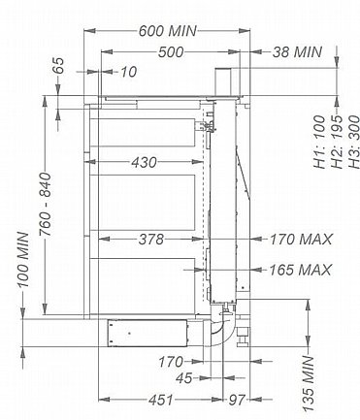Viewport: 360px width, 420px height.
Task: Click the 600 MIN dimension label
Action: tap(167, 31)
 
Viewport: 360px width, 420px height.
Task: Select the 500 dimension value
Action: tap(171, 52)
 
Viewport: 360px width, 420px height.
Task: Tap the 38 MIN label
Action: tap(297, 52)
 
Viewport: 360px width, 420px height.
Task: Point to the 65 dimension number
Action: tap(59, 66)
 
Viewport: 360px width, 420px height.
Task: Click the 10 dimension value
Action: tap(128, 72)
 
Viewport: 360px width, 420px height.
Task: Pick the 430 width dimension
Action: tap(144, 162)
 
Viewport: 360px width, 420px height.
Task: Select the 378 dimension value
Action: tap(151, 240)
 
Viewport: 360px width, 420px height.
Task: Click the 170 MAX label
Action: tap(301, 240)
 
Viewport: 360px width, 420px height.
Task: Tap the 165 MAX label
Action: tap(300, 270)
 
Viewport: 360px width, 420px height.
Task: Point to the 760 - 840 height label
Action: tap(45, 204)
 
